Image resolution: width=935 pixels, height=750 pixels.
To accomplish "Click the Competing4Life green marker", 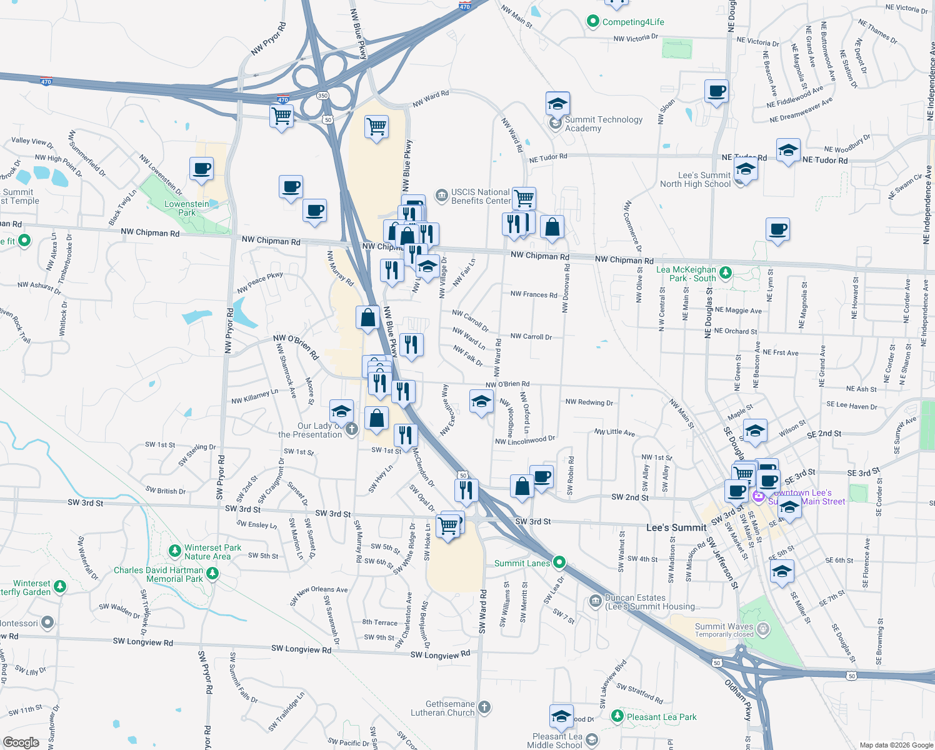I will [592, 22].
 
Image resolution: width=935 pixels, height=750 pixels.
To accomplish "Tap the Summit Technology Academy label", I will [603, 124].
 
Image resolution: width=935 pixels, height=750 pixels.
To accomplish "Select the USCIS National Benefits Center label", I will [481, 196].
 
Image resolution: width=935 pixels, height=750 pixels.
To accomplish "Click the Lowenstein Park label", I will [186, 208].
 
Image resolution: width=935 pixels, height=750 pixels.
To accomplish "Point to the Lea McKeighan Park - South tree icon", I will [725, 272].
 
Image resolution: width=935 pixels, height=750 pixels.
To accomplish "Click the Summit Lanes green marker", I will [559, 562].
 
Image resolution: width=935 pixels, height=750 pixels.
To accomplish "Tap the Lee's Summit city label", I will [676, 528].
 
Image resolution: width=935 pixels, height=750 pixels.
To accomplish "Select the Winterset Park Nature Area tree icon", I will [175, 551].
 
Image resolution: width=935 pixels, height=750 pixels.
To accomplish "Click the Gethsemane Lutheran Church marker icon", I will [484, 707].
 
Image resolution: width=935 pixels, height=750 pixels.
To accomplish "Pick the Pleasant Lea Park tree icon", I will [617, 716].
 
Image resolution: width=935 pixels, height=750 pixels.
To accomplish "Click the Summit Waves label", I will [724, 626].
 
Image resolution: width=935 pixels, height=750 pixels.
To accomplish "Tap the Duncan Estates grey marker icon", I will [595, 601].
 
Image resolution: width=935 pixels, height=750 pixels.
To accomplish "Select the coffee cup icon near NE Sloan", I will [716, 91].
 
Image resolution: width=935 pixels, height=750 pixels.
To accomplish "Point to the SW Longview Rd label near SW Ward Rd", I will [440, 654].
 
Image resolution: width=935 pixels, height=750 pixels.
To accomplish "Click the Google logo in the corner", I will [21, 742].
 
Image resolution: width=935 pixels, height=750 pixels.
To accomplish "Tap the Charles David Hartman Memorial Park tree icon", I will [212, 573].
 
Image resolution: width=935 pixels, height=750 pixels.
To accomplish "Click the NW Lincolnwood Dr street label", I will [525, 441].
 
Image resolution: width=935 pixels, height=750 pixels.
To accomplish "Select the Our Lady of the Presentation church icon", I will [351, 429].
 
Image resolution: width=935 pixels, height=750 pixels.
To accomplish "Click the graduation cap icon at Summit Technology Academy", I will [557, 104].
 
